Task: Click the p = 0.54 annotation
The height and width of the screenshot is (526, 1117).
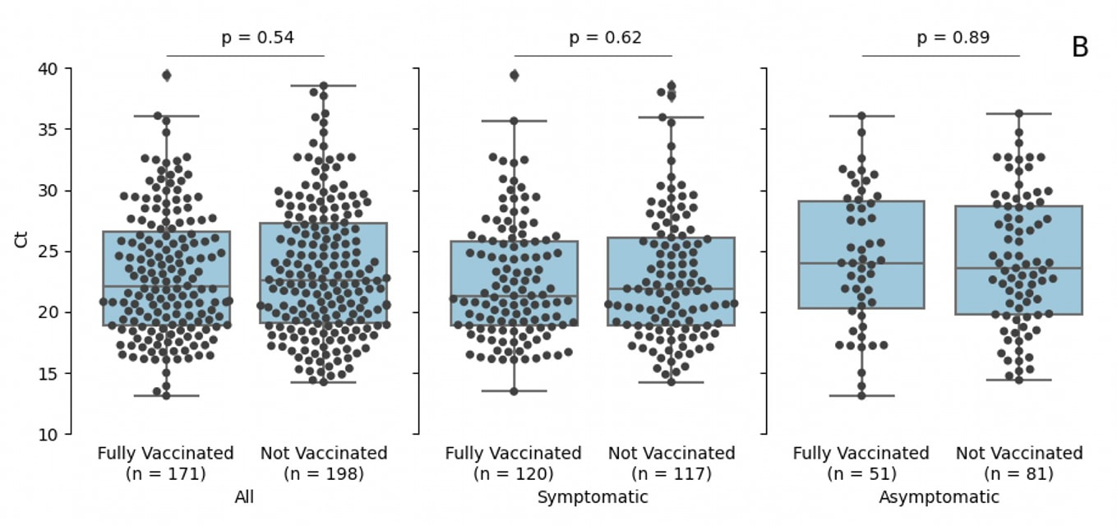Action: click(257, 37)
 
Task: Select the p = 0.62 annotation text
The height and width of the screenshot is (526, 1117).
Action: click(605, 37)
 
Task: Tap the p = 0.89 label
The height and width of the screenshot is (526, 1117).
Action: click(953, 37)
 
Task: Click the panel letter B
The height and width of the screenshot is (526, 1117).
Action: click(1080, 48)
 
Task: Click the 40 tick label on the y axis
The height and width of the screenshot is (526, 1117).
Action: click(48, 69)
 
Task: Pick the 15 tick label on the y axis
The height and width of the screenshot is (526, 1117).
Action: click(48, 374)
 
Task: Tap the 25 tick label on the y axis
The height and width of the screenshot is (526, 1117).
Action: click(48, 251)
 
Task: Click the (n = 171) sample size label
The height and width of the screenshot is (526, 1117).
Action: click(165, 473)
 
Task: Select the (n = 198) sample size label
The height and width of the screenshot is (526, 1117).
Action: click(323, 473)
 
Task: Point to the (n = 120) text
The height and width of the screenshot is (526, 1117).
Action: click(513, 473)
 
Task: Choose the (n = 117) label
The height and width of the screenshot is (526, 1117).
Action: click(671, 473)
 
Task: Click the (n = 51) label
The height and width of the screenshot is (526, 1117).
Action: click(861, 473)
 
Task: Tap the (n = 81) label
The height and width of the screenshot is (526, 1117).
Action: click(1018, 473)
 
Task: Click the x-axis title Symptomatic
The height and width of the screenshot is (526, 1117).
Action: click(593, 497)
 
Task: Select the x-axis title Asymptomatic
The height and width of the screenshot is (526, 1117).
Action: click(939, 497)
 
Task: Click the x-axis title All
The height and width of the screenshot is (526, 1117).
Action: click(244, 497)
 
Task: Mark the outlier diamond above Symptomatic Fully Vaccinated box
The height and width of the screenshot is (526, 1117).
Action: click(515, 76)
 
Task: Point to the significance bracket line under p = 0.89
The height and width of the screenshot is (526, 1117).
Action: click(940, 56)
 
